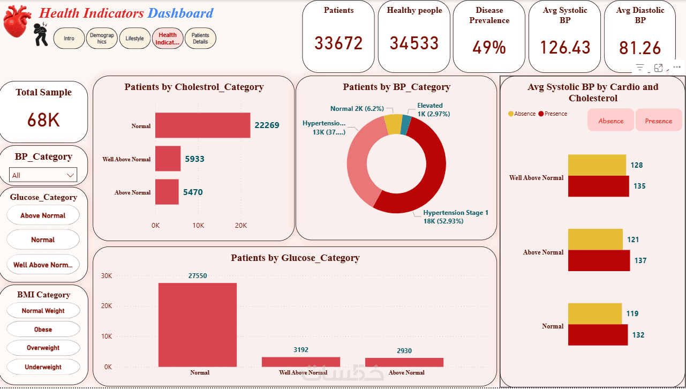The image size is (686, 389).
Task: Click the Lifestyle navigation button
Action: coord(135,39)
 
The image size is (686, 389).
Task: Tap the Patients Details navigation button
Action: coord(200,39)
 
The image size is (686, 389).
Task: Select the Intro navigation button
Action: coord(69,39)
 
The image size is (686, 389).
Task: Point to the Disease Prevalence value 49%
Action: coord(489,48)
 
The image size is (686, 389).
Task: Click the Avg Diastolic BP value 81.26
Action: coord(640,48)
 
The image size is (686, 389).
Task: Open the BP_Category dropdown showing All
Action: coord(43,175)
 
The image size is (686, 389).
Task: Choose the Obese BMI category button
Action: coord(43,330)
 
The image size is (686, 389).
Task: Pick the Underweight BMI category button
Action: coord(43,367)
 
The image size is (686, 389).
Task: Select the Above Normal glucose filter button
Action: coord(43,215)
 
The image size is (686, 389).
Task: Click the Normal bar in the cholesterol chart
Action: coord(202,125)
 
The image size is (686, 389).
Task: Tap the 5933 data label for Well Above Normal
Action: coord(194,159)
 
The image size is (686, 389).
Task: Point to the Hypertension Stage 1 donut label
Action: coord(456,216)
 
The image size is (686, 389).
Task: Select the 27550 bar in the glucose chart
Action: coord(197,325)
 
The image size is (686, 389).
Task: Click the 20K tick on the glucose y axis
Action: coord(107,306)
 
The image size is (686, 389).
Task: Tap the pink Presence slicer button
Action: coord(659,121)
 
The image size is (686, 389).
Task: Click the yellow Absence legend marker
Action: coord(511,114)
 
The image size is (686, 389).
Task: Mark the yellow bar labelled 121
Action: coord(595,240)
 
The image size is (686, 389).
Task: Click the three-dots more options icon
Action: coord(677,68)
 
